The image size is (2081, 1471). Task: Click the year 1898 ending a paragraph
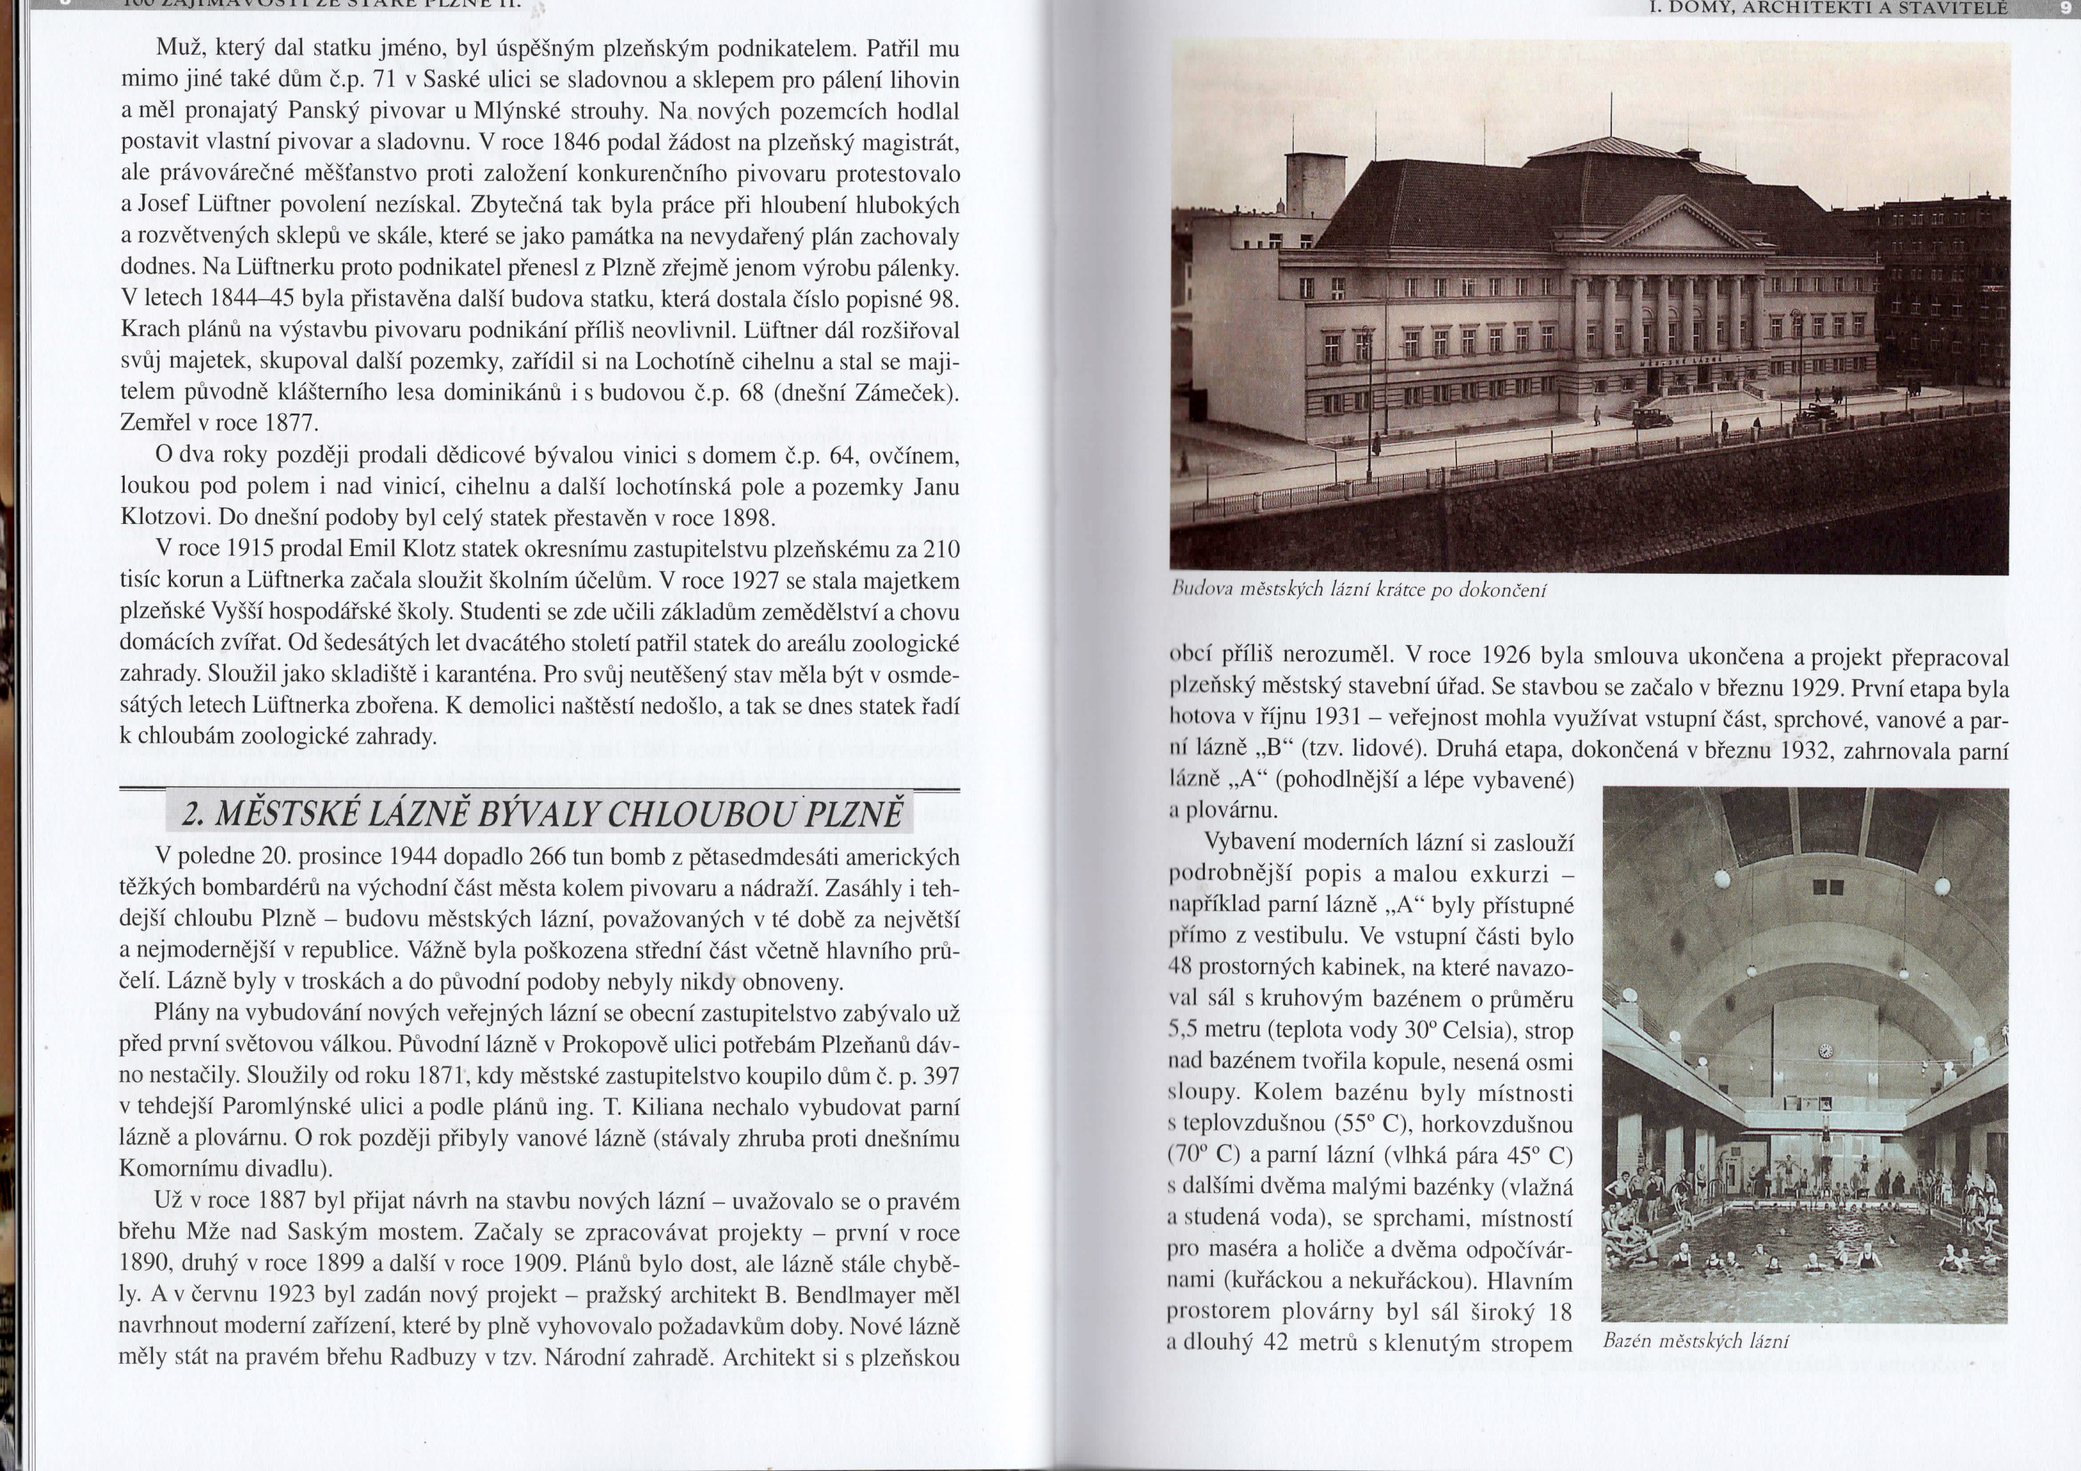tap(746, 517)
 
